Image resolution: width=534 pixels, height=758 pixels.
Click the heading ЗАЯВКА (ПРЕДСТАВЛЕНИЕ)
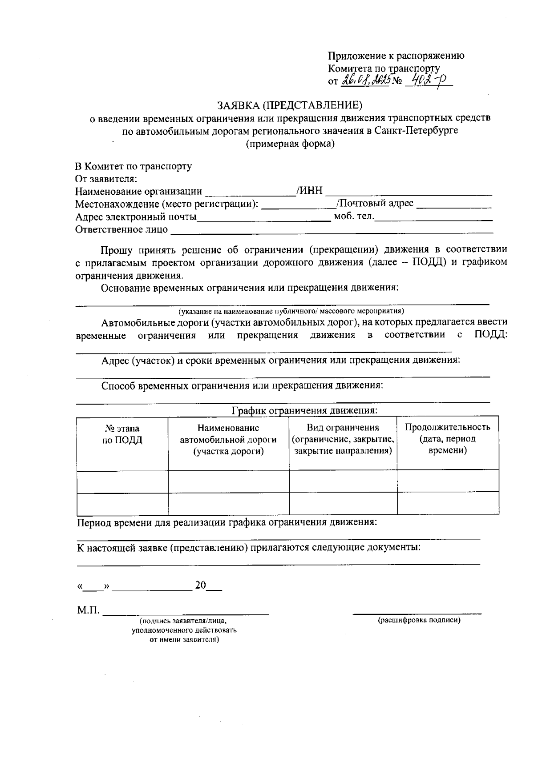click(290, 105)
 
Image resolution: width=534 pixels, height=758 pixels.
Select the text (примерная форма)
click(290, 144)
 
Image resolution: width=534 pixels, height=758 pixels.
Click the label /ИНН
click(310, 191)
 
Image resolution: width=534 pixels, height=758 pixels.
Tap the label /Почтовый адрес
click(375, 203)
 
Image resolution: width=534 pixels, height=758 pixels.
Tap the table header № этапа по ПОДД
click(122, 434)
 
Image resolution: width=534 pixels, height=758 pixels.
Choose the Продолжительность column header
click(447, 427)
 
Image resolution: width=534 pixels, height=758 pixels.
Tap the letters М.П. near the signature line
click(88, 610)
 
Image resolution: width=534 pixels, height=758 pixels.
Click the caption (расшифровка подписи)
click(419, 620)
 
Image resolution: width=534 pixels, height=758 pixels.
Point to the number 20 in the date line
click(200, 585)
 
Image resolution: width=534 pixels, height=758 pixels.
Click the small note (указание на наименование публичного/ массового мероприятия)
click(291, 311)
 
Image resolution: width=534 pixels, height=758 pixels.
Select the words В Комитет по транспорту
click(133, 166)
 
